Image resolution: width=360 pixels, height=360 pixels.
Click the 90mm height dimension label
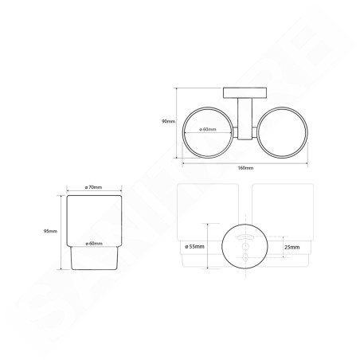(168, 121)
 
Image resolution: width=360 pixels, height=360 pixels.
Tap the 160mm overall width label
(245, 169)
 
